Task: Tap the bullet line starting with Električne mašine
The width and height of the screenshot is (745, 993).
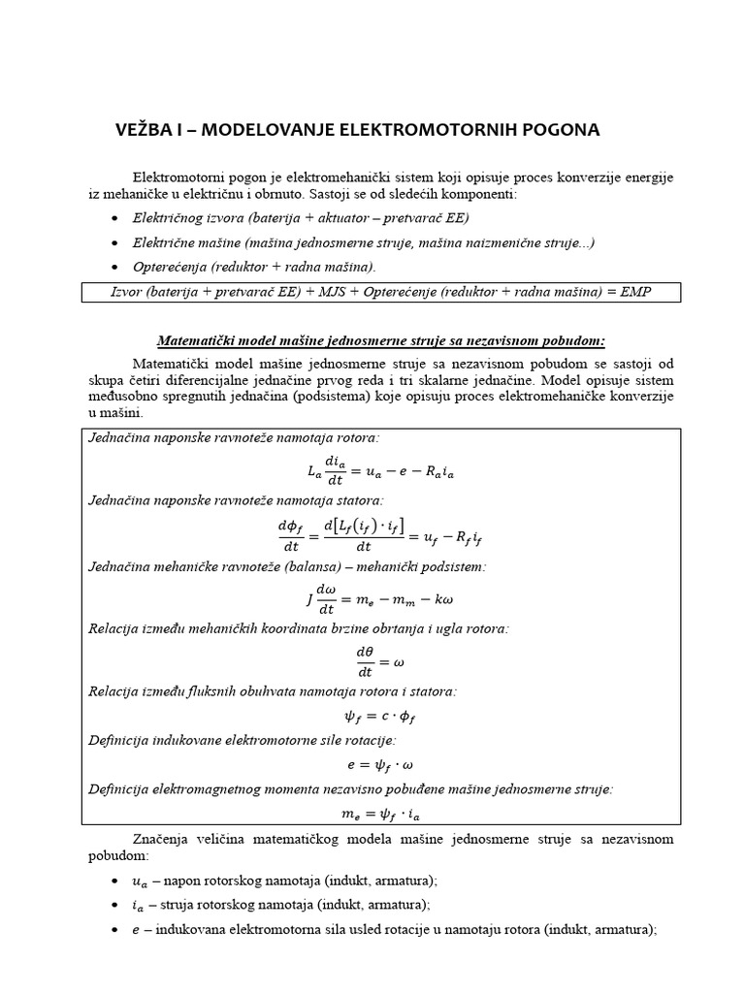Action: coord(363,242)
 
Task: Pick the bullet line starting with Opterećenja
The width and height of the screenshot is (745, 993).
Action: coord(254,266)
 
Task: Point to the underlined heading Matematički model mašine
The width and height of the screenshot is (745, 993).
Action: coord(381,340)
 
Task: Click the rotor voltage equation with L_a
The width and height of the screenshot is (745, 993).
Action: coord(381,470)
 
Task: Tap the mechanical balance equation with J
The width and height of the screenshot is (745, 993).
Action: coord(381,599)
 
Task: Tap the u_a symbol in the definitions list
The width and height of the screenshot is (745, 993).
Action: coord(141,881)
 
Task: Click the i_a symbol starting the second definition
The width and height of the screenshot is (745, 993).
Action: coord(140,905)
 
